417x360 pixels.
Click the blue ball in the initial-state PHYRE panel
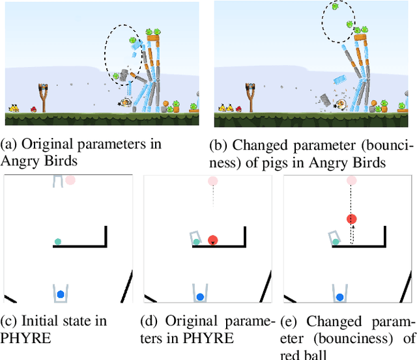(61, 294)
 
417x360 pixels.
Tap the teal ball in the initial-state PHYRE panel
(57, 242)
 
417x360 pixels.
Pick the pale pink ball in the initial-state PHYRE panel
(70, 180)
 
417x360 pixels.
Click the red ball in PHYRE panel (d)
(213, 240)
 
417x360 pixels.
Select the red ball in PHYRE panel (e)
(352, 219)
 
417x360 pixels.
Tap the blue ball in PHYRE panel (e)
(339, 297)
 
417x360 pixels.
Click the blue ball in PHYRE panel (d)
(200, 297)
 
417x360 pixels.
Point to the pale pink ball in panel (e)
(352, 180)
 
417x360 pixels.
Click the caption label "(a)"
(8, 143)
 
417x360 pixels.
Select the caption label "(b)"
(223, 143)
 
